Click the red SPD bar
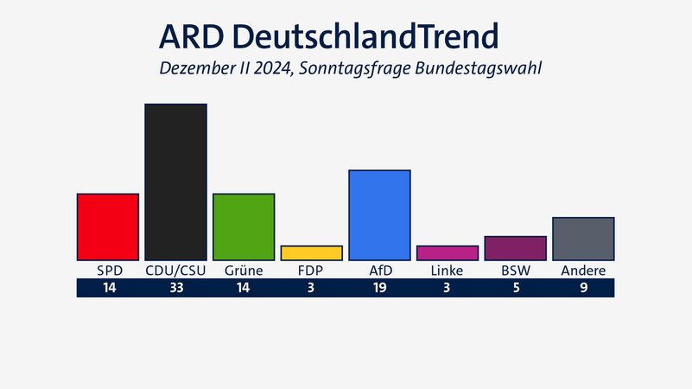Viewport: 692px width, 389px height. click(108, 226)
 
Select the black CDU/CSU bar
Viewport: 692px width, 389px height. click(175, 182)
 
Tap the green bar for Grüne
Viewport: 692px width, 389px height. click(244, 226)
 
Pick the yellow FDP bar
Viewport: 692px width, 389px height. click(311, 252)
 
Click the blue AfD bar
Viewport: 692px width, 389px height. click(379, 214)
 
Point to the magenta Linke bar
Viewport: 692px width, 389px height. click(447, 252)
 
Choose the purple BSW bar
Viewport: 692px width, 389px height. click(515, 248)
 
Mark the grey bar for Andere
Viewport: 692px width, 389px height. click(583, 239)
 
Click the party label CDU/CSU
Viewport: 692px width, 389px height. click(175, 271)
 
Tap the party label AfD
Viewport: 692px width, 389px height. click(380, 271)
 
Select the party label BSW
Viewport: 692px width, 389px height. click(516, 271)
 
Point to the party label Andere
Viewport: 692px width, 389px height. click(583, 271)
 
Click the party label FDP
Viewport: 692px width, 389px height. click(311, 271)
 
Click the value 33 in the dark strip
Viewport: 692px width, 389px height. click(175, 289)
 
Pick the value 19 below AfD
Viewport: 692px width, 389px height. click(379, 289)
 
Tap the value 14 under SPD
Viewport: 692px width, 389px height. click(108, 289)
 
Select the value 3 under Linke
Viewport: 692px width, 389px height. click(447, 289)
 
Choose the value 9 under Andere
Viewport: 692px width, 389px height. click(583, 289)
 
